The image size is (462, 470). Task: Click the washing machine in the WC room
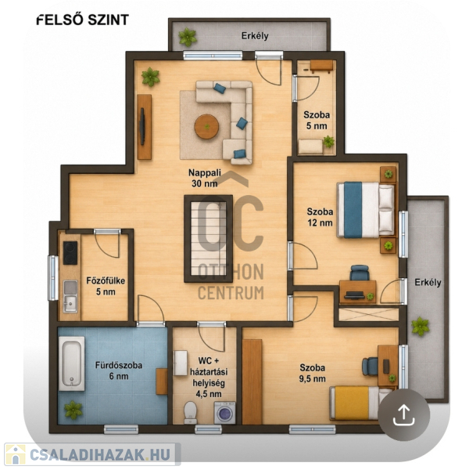click(x=224, y=413)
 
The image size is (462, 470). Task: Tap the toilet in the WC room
click(x=190, y=413)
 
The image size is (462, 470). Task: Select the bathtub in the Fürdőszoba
click(x=71, y=363)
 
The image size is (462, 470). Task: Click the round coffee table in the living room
click(x=206, y=126)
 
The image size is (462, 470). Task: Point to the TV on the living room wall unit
click(x=142, y=126)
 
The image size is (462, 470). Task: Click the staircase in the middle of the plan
click(x=208, y=239)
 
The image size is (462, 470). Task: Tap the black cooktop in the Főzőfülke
click(x=70, y=253)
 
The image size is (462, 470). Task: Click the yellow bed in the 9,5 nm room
click(x=360, y=403)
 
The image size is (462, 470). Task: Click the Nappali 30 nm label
click(x=205, y=178)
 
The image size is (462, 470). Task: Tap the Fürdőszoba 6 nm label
click(x=119, y=371)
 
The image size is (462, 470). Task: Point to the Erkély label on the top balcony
click(x=255, y=36)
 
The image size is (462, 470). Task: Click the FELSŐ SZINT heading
click(x=83, y=20)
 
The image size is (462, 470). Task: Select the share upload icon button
click(x=403, y=414)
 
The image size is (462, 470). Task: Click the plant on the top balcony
click(x=188, y=37)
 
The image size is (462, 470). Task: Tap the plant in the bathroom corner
click(x=73, y=410)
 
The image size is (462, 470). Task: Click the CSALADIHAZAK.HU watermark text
click(x=100, y=454)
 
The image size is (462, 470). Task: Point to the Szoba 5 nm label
click(x=317, y=120)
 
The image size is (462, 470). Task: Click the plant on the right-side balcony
click(x=420, y=327)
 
